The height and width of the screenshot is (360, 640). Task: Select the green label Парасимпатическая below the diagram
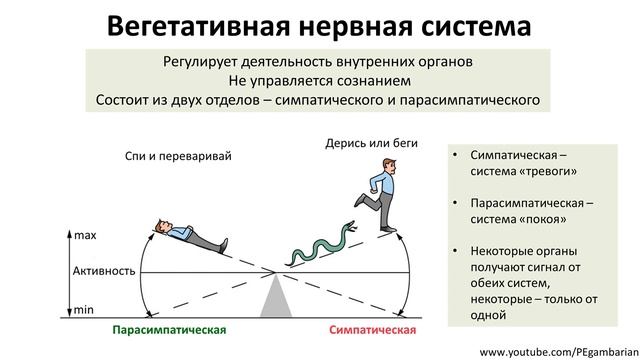point(169,329)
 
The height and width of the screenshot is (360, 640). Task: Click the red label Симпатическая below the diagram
point(372,329)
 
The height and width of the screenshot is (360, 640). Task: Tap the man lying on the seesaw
point(190,233)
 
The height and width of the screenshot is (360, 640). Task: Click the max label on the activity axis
point(85,235)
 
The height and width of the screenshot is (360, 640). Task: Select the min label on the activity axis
point(84,310)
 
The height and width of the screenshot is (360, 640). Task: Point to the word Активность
point(105,271)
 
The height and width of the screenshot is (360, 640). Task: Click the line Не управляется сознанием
point(319,80)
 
